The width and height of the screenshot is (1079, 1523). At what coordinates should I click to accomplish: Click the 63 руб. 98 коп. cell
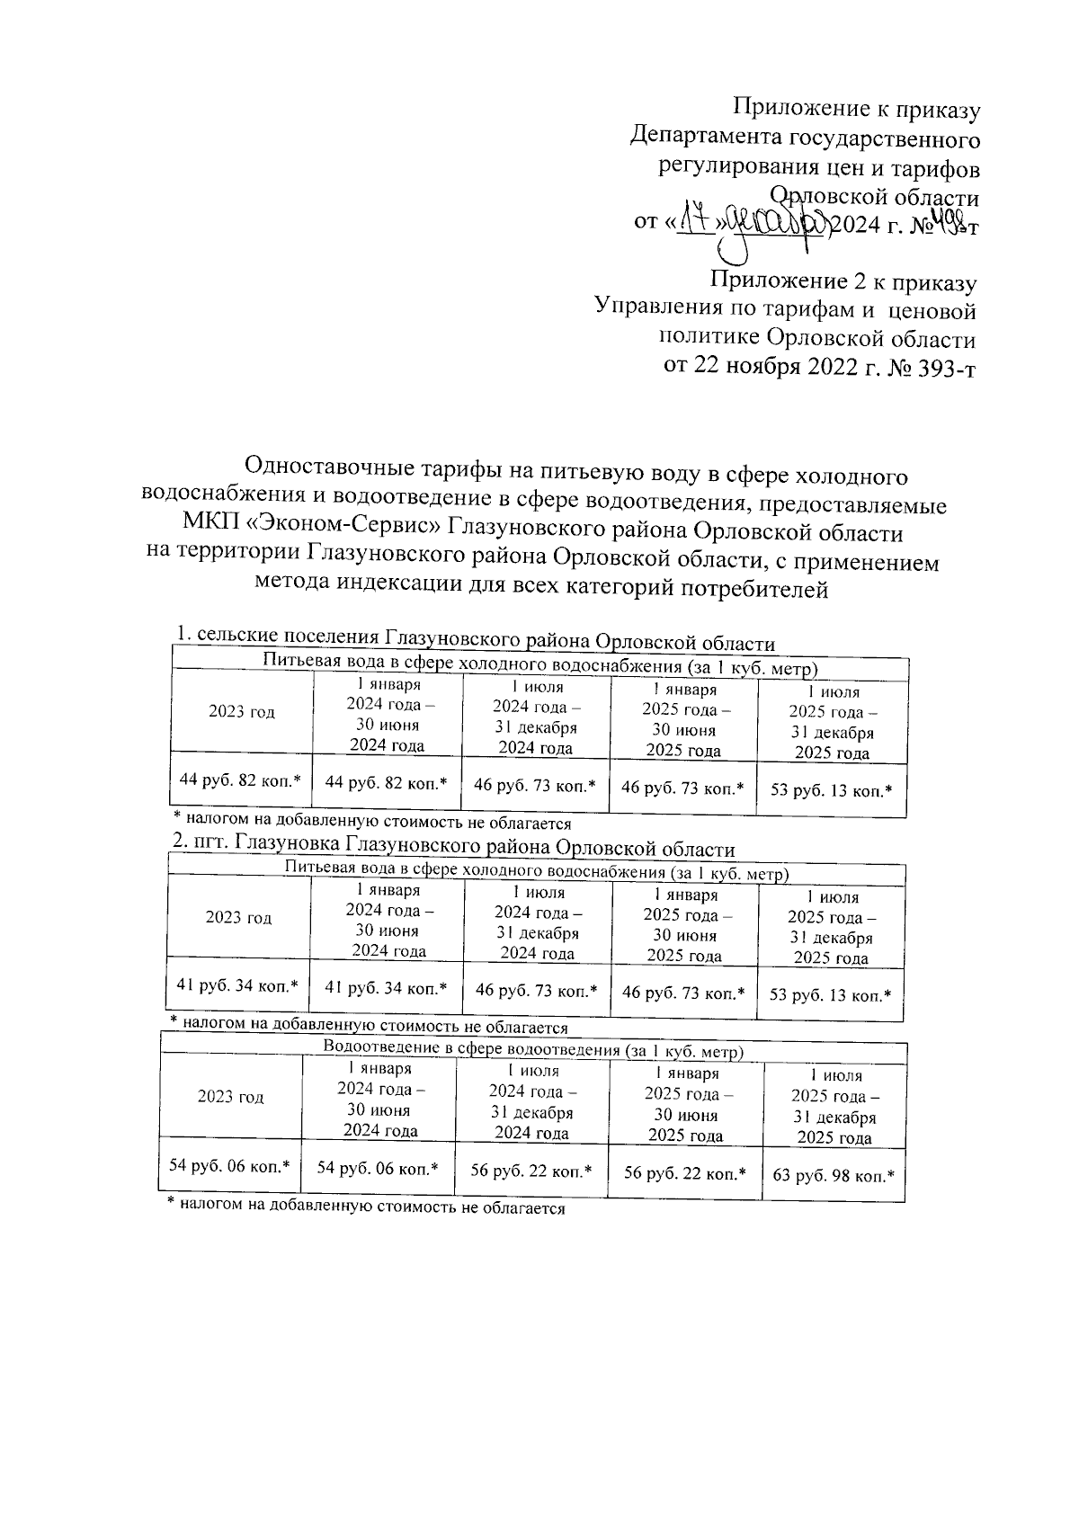[x=833, y=1176]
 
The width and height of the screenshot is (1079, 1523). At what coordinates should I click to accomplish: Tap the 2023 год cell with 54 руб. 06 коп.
[x=229, y=1166]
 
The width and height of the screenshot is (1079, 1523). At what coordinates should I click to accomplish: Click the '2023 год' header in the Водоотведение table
[x=230, y=1097]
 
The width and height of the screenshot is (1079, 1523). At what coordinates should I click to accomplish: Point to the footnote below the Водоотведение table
[x=366, y=1209]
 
